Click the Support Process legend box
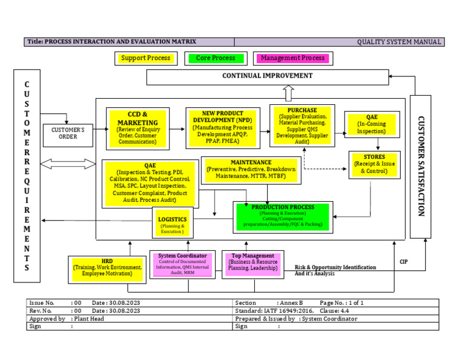145,58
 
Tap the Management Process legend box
293,58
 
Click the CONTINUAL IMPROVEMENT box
268,76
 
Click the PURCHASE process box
302,125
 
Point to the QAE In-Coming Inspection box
372,124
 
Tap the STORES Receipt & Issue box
374,164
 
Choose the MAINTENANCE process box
251,170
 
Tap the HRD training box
107,267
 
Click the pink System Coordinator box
182,264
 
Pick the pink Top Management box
252,264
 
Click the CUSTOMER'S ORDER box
68,133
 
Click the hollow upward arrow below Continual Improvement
288,93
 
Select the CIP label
404,262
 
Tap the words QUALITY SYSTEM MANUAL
399,42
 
